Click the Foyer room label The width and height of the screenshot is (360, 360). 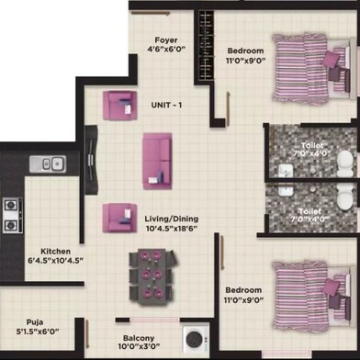tap(165, 39)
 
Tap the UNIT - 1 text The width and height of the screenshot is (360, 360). tap(167, 105)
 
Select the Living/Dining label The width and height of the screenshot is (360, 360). tap(173, 219)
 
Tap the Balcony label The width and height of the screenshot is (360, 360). tap(139, 324)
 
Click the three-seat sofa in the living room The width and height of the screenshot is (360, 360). tap(156, 158)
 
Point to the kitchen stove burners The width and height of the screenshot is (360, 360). tap(11, 215)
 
